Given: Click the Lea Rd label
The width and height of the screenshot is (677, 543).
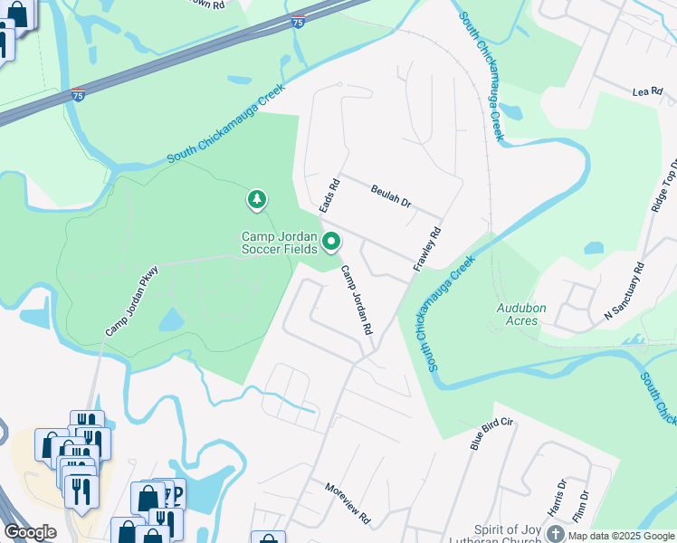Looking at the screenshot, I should click(x=647, y=92).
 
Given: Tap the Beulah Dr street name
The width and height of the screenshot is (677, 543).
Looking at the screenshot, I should click(x=391, y=195).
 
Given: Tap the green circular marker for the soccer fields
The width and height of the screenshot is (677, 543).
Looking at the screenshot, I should click(x=331, y=241).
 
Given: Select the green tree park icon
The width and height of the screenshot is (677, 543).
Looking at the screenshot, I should click(x=258, y=198).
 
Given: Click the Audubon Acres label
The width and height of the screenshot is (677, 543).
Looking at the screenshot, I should click(x=520, y=314).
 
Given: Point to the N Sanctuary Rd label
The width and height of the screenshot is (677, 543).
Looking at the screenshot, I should click(x=625, y=292).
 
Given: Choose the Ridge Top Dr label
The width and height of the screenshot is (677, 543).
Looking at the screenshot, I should click(x=663, y=186).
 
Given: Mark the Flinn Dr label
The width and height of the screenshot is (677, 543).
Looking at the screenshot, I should click(x=583, y=507).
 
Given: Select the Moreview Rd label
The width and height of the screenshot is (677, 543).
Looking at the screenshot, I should click(x=348, y=503).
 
